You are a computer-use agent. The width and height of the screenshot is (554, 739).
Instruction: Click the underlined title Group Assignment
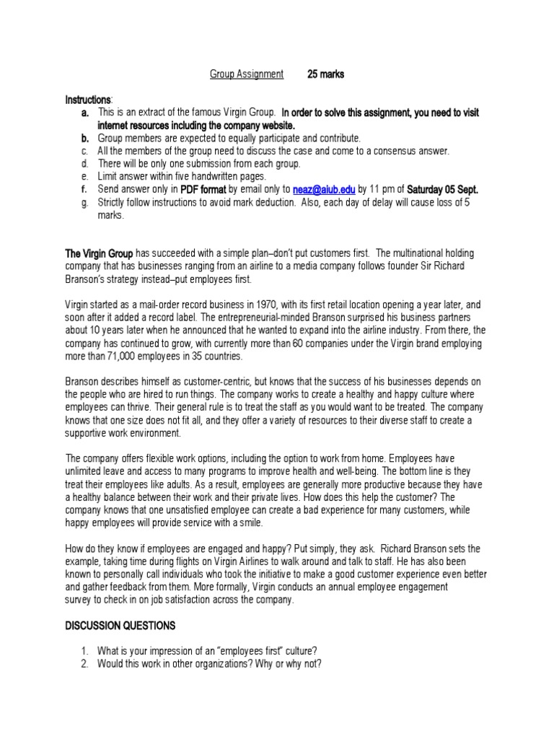pyautogui.click(x=246, y=74)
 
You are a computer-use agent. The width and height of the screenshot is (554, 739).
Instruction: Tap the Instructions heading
pyautogui.click(x=88, y=99)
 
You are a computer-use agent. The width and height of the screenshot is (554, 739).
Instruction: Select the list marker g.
pyautogui.click(x=84, y=203)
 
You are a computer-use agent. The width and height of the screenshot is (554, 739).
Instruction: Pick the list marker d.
pyautogui.click(x=84, y=164)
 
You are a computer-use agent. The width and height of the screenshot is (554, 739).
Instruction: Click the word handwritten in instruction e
pyautogui.click(x=208, y=177)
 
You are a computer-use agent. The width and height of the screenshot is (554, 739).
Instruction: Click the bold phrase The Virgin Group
pyautogui.click(x=99, y=253)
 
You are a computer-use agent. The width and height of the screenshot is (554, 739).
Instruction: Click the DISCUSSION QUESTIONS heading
pyautogui.click(x=120, y=625)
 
